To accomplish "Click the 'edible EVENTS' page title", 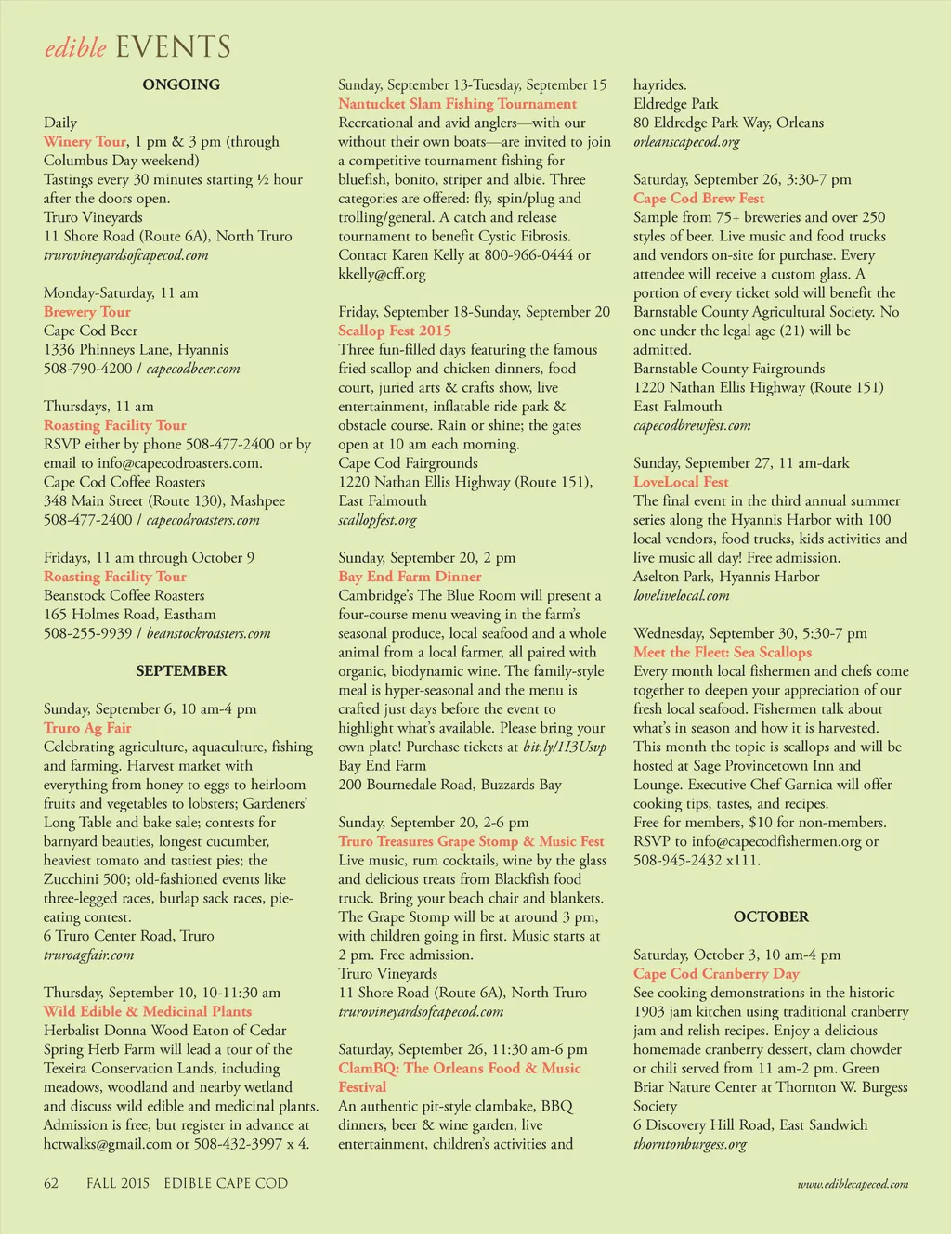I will (137, 47).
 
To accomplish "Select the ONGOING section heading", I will (181, 84).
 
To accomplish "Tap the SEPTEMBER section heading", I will (181, 670).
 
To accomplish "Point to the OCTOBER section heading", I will (771, 916).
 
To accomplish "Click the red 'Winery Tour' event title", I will (85, 142).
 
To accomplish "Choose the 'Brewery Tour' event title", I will (87, 312).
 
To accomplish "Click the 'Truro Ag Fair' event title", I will (87, 728).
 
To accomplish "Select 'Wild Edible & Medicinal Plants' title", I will (148, 1011).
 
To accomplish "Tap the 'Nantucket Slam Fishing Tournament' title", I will (457, 104).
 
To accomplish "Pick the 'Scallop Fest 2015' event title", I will (395, 331).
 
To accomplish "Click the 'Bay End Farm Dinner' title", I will (410, 577).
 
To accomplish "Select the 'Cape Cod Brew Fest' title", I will (698, 198).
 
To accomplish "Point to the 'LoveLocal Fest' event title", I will (681, 482).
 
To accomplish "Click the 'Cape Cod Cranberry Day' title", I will (716, 973).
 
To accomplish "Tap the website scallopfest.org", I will (377, 520).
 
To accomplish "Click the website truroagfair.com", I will (88, 955).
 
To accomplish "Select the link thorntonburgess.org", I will (690, 1144).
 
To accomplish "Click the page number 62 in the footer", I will (51, 1183).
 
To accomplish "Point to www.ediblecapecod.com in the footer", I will (853, 1184).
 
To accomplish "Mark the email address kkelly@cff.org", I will (382, 274).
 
